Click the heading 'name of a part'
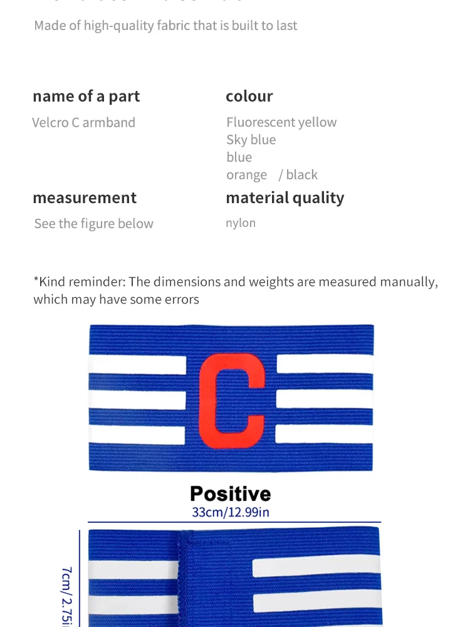[x=86, y=96]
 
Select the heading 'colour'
[x=249, y=96]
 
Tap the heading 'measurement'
[x=84, y=198]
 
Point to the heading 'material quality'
[x=285, y=198]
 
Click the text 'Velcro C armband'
[x=83, y=122]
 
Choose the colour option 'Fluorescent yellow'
[x=281, y=122]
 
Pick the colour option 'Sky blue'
[x=251, y=140]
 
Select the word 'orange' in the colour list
[x=246, y=175]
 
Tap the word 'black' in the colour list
[x=301, y=175]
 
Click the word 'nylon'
[x=241, y=223]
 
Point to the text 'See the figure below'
[x=93, y=224]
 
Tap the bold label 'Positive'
[x=231, y=493]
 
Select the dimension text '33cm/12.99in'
[x=231, y=512]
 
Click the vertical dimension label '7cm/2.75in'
[x=66, y=596]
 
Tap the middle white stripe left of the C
[x=137, y=399]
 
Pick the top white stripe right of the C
[x=325, y=364]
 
